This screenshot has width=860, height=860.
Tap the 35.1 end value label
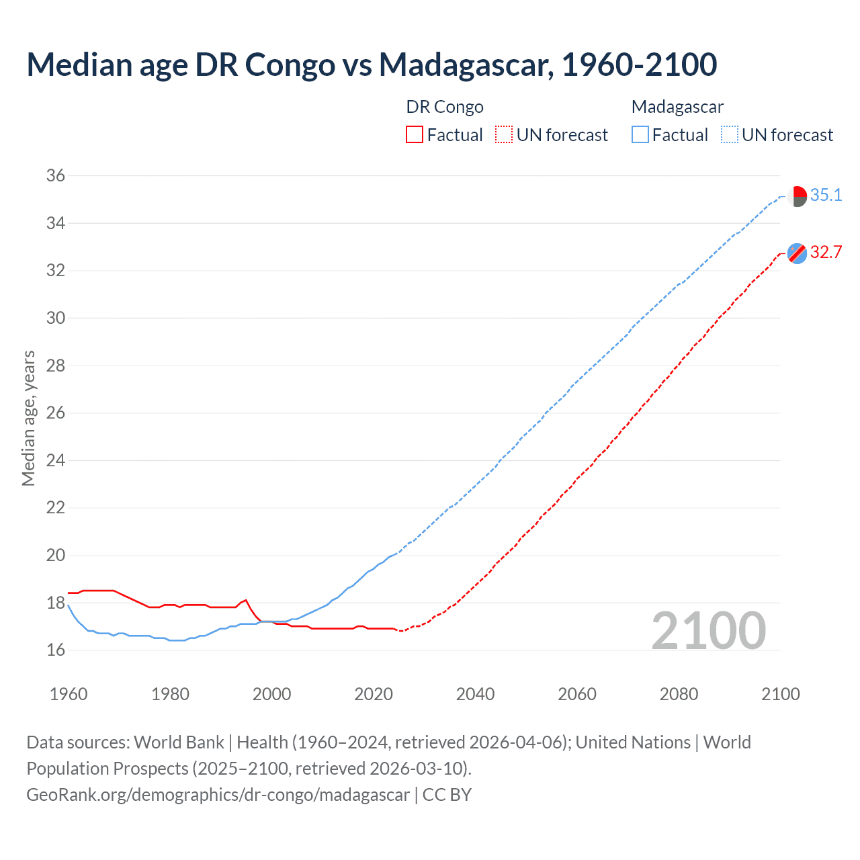tap(826, 196)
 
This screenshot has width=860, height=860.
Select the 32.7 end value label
tap(826, 253)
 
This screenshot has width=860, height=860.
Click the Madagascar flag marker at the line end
tap(797, 196)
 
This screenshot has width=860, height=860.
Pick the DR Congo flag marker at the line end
tap(797, 253)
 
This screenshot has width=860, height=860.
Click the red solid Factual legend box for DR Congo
tap(415, 135)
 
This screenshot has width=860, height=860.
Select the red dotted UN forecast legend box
tap(504, 135)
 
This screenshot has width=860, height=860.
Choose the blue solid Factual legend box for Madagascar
tap(640, 135)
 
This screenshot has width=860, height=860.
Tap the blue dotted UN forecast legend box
tap(730, 135)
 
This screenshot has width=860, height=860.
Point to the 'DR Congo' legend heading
tap(445, 107)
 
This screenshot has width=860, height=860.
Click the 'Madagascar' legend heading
tap(677, 107)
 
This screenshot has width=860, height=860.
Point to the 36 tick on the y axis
tap(56, 176)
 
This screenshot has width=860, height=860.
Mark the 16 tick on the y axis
tap(56, 650)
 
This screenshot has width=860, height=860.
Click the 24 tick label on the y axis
tap(56, 461)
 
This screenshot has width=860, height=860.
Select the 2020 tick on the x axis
tap(374, 694)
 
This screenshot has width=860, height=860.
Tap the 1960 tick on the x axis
tap(69, 694)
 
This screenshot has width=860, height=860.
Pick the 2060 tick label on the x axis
tap(577, 694)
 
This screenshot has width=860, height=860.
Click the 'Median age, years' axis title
tap(28, 418)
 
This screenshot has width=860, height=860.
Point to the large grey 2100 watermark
tap(709, 631)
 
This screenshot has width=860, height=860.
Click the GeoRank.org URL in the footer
tap(218, 795)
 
